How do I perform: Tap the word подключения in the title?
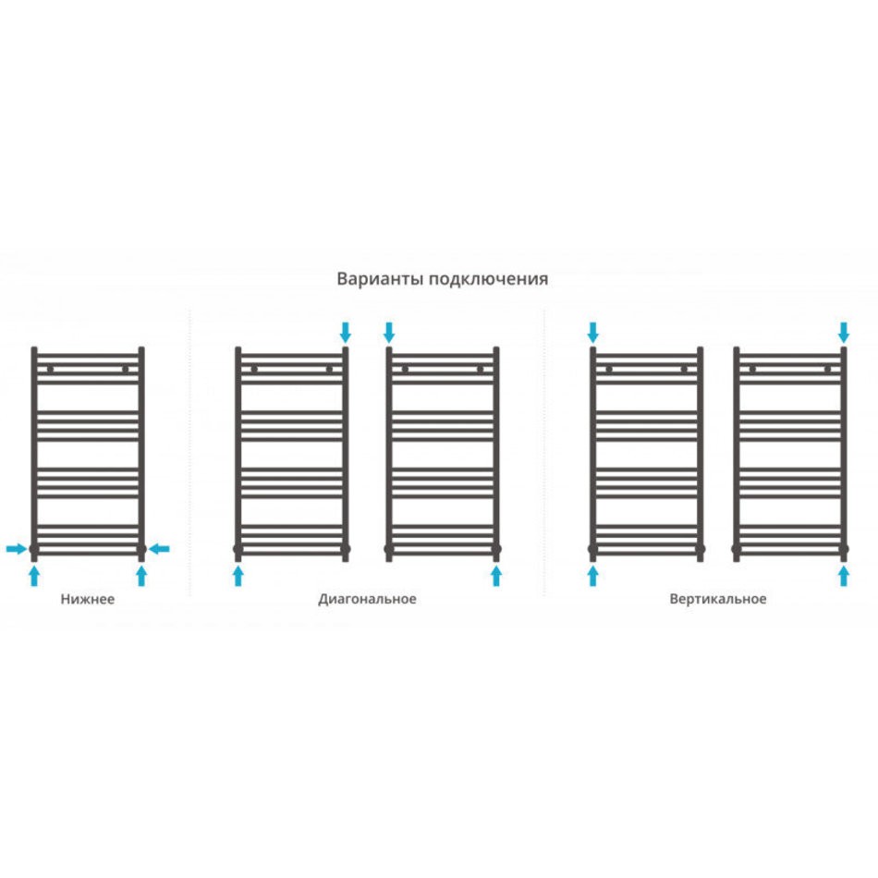pos(488,279)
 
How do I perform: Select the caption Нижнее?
pos(88,599)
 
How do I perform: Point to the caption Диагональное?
pos(367,599)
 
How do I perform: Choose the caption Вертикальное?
pos(718,599)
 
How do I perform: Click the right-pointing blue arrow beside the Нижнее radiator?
pos(17,549)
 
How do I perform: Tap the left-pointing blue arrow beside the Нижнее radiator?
pos(159,549)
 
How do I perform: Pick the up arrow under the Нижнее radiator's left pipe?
pos(34,576)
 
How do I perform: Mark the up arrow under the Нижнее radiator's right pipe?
pos(141,576)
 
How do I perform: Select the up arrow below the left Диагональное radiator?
pos(238,576)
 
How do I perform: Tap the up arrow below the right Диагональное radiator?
pos(496,576)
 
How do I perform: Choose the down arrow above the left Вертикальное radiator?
pos(593,332)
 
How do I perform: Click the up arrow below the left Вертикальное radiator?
pos(593,576)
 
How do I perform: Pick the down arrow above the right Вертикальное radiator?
pos(844,332)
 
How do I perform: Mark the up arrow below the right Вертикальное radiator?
pos(844,576)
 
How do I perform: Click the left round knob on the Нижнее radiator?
pos(51,369)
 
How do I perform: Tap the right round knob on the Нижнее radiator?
pos(126,369)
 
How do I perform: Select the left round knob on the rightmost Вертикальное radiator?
pos(752,369)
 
